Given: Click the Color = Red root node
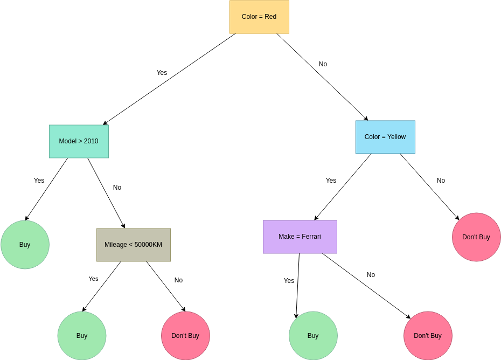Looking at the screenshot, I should click(x=259, y=17).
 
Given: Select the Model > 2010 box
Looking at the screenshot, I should click(x=79, y=141).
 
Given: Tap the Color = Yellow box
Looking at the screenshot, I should click(x=385, y=137).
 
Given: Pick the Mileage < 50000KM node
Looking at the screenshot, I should click(x=133, y=245).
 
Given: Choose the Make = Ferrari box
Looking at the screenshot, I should click(x=300, y=237).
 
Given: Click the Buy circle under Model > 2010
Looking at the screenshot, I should click(x=25, y=245).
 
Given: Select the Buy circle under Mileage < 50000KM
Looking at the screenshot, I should click(x=82, y=336).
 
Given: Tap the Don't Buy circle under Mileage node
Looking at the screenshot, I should click(x=185, y=336).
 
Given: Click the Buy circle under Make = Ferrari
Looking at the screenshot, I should click(x=313, y=336).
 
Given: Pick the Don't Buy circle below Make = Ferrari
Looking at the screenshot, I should click(x=428, y=336).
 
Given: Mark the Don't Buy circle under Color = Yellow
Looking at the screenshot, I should click(x=476, y=237).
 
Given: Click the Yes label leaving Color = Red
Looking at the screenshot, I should click(x=162, y=73).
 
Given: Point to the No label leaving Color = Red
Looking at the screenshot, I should click(x=323, y=64).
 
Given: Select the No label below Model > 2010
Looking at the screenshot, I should click(x=117, y=188).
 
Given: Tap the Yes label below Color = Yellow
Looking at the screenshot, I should click(x=331, y=181).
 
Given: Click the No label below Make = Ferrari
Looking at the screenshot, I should click(x=371, y=275).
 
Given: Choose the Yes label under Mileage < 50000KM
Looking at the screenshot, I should click(x=93, y=279).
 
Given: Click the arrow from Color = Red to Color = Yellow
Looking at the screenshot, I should click(x=322, y=77).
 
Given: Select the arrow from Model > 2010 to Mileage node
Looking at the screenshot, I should click(x=106, y=193).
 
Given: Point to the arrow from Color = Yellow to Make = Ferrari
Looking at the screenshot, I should click(x=343, y=187).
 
